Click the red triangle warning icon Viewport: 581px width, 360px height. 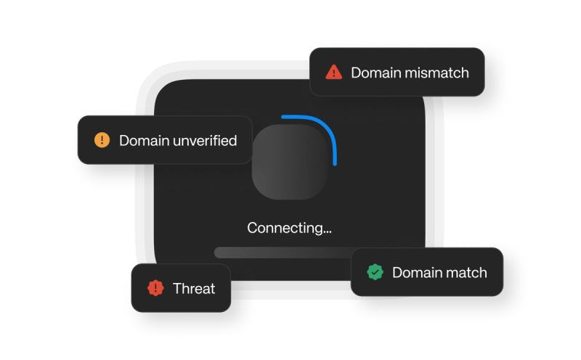[x=333, y=72]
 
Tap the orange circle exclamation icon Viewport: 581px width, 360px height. [x=102, y=140]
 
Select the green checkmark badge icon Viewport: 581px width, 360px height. [x=375, y=272]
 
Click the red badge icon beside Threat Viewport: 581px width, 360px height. [x=155, y=288]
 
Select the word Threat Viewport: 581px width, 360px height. [x=194, y=289]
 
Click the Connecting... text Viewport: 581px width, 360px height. [x=289, y=228]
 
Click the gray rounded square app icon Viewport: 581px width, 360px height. [x=288, y=161]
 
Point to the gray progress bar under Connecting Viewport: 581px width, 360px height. [x=283, y=252]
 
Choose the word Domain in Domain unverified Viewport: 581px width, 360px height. [x=143, y=141]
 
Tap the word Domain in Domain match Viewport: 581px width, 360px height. [x=416, y=273]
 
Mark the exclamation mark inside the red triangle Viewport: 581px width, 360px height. [x=333, y=73]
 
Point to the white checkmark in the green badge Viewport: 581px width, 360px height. [x=375, y=272]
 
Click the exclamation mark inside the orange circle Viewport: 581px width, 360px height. [x=102, y=140]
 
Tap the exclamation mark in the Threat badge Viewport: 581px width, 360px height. [x=155, y=288]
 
